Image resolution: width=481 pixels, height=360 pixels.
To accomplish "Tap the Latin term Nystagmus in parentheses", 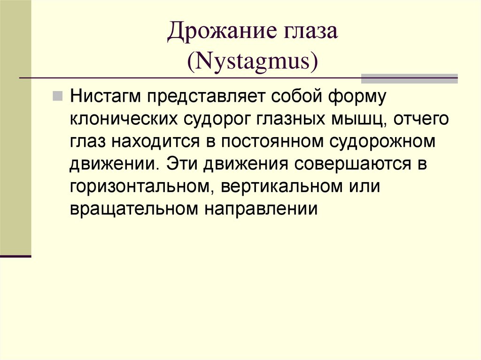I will [253, 61].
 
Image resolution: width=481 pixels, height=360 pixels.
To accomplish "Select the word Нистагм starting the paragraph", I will [106, 97].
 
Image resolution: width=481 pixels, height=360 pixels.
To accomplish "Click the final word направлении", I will [261, 209].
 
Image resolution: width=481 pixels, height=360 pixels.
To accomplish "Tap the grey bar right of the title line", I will [409, 78].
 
